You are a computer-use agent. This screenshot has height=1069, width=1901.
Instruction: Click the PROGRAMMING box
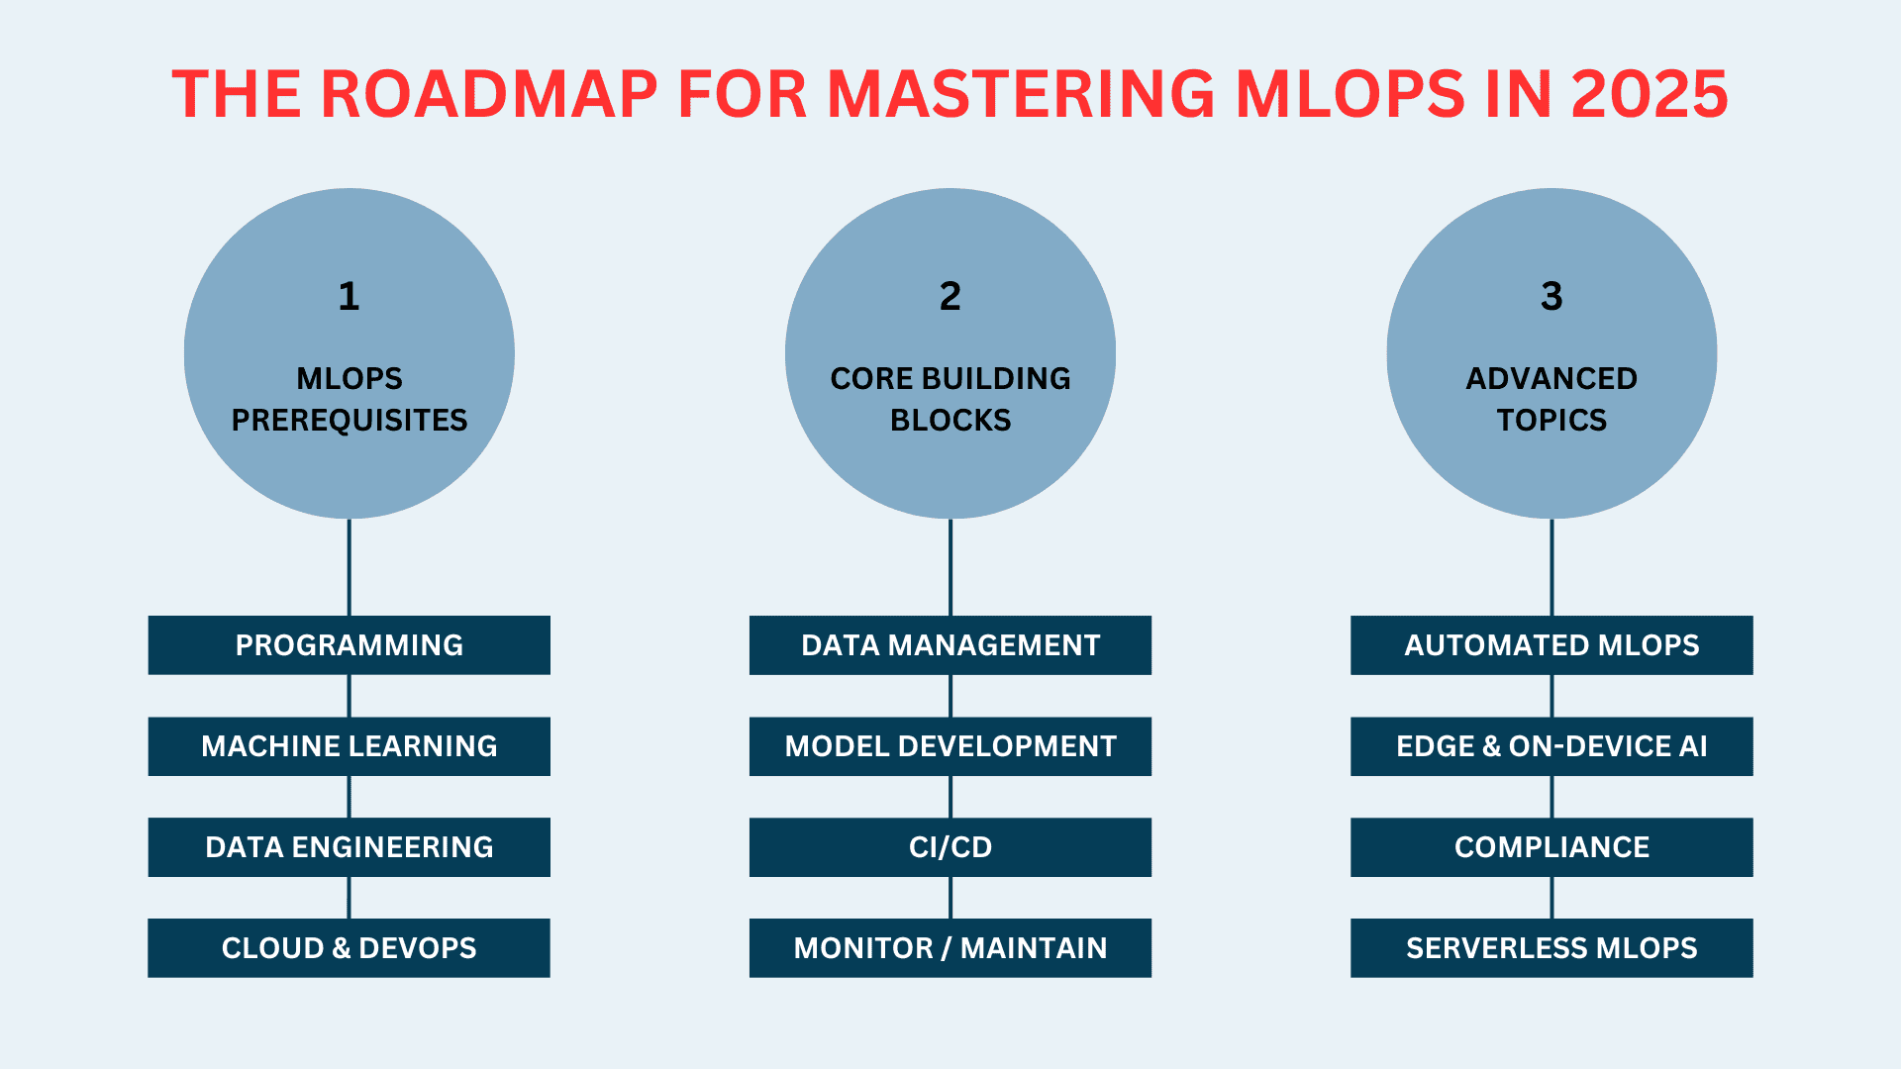click(x=349, y=645)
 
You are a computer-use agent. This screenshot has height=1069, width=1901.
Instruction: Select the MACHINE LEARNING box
click(x=349, y=746)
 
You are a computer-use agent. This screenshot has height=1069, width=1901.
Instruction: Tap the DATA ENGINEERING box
click(x=349, y=847)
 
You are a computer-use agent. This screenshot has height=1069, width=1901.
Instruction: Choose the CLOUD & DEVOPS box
click(x=349, y=948)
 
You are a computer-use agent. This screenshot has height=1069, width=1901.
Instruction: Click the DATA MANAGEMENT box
click(x=950, y=645)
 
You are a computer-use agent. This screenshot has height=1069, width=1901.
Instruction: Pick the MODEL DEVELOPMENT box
click(x=950, y=746)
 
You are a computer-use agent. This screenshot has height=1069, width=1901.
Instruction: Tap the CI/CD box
click(x=950, y=847)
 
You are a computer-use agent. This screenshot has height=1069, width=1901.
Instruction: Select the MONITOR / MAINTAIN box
click(x=950, y=948)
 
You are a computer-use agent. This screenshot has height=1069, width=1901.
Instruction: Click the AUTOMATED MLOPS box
click(x=1551, y=645)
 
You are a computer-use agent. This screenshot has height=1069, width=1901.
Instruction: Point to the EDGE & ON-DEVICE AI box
click(x=1551, y=746)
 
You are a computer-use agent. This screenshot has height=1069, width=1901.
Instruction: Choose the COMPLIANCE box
click(x=1551, y=847)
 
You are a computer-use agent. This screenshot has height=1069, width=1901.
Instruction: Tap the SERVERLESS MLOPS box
click(x=1551, y=948)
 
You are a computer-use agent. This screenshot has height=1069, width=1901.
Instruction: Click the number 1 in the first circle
click(x=349, y=296)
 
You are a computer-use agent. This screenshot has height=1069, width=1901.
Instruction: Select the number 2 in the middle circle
click(x=950, y=296)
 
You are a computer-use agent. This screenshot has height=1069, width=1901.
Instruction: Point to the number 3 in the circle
click(x=1551, y=296)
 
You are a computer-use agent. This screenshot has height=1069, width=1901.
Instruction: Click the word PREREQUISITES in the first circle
click(x=349, y=421)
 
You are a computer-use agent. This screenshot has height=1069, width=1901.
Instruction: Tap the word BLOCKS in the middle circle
click(x=950, y=421)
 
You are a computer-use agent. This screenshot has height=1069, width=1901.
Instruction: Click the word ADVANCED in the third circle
click(x=1551, y=379)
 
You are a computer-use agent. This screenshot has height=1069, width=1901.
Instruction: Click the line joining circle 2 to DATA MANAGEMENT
click(x=950, y=567)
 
